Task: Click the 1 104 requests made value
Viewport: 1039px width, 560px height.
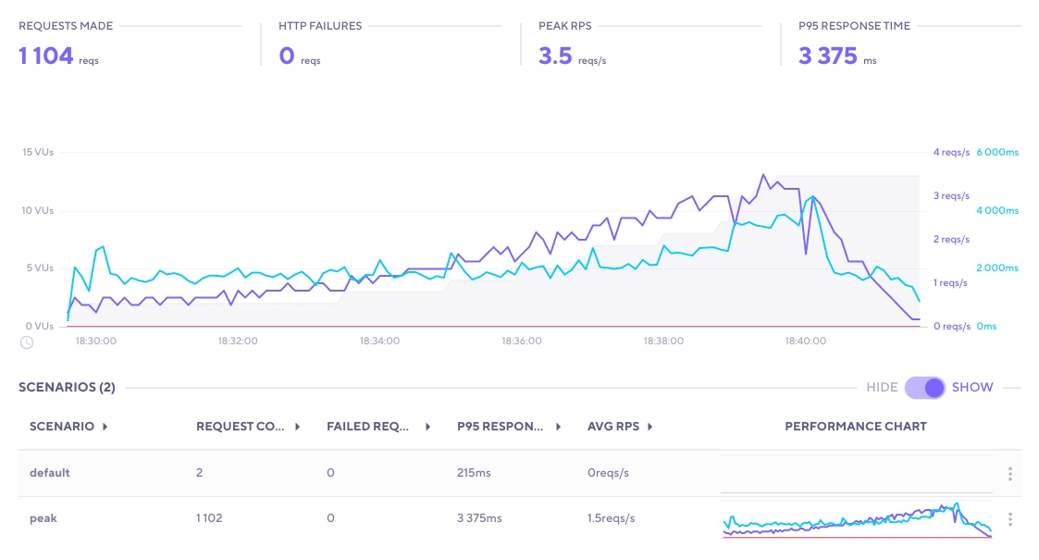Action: [x=46, y=56]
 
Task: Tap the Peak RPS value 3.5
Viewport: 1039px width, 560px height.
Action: [x=555, y=56]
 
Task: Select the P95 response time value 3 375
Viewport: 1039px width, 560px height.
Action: [x=828, y=56]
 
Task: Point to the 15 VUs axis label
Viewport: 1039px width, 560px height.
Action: [x=38, y=153]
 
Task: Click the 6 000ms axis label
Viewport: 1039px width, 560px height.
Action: [x=997, y=153]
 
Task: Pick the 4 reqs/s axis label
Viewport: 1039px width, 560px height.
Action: [x=950, y=153]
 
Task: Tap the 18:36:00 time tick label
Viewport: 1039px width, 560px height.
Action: [x=522, y=341]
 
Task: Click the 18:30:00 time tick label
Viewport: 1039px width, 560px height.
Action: [x=96, y=341]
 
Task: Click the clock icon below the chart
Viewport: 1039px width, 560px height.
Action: [x=27, y=342]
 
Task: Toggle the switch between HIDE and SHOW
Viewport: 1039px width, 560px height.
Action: [x=925, y=388]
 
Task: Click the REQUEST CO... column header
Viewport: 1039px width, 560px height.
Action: [x=242, y=427]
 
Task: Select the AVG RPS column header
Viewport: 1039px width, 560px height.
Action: [x=614, y=427]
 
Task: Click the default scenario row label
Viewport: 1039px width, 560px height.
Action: [x=50, y=473]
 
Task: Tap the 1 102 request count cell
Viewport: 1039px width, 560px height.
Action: [x=210, y=518]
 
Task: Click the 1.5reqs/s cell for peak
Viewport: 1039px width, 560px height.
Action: [x=612, y=518]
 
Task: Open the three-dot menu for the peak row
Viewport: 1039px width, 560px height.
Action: [x=1010, y=519]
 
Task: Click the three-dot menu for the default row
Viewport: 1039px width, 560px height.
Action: [x=1010, y=474]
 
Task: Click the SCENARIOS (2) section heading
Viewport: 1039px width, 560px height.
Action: [x=67, y=388]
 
